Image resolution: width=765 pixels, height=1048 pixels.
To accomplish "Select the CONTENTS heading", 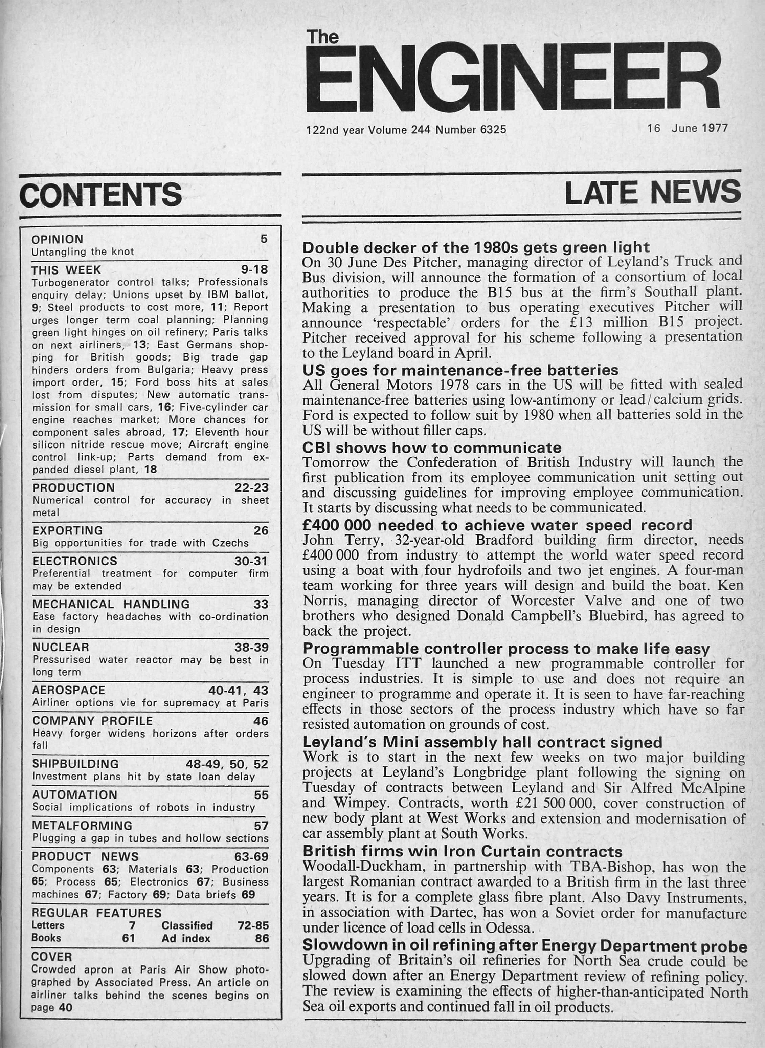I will [100, 195].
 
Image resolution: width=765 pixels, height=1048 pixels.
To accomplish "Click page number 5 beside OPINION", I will [264, 239].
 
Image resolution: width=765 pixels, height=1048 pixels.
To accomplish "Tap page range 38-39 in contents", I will [251, 647].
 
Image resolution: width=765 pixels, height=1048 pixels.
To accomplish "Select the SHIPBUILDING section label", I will [75, 764].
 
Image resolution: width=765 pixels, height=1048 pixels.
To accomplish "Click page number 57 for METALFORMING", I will [261, 826].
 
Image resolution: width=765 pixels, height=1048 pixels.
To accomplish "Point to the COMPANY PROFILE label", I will [93, 721].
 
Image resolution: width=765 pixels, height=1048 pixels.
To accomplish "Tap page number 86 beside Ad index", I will [262, 938].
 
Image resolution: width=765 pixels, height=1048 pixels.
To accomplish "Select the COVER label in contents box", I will [52, 957].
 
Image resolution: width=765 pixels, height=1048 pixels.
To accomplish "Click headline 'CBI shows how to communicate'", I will [432, 447].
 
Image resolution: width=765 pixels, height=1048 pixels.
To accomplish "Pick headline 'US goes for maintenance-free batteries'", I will [460, 370].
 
